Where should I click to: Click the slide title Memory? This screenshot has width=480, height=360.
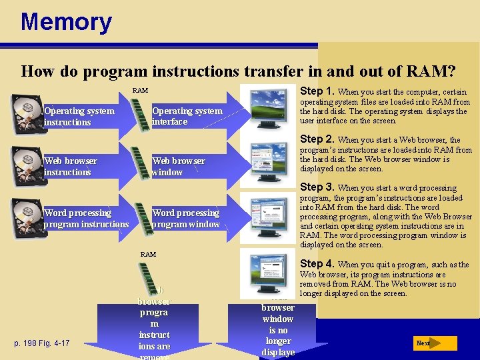coord(66,22)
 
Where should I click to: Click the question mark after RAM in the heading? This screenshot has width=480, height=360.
coord(451,71)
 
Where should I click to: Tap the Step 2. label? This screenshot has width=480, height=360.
coord(318,139)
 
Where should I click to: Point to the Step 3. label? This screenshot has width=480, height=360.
coord(318,187)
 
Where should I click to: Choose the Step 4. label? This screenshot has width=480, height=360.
coord(318,264)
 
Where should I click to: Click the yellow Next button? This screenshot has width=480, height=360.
coord(434,343)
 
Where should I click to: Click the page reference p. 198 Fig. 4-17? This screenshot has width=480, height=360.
coord(42,343)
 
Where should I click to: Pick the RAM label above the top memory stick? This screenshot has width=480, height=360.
coord(140,90)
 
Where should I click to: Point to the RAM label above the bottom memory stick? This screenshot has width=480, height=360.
coord(148,254)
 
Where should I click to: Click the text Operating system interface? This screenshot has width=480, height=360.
coord(187,116)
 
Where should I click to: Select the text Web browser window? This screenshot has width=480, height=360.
coord(178,166)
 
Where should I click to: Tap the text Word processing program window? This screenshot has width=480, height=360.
coord(186,219)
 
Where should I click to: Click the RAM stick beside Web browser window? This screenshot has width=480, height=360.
coord(141,166)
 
